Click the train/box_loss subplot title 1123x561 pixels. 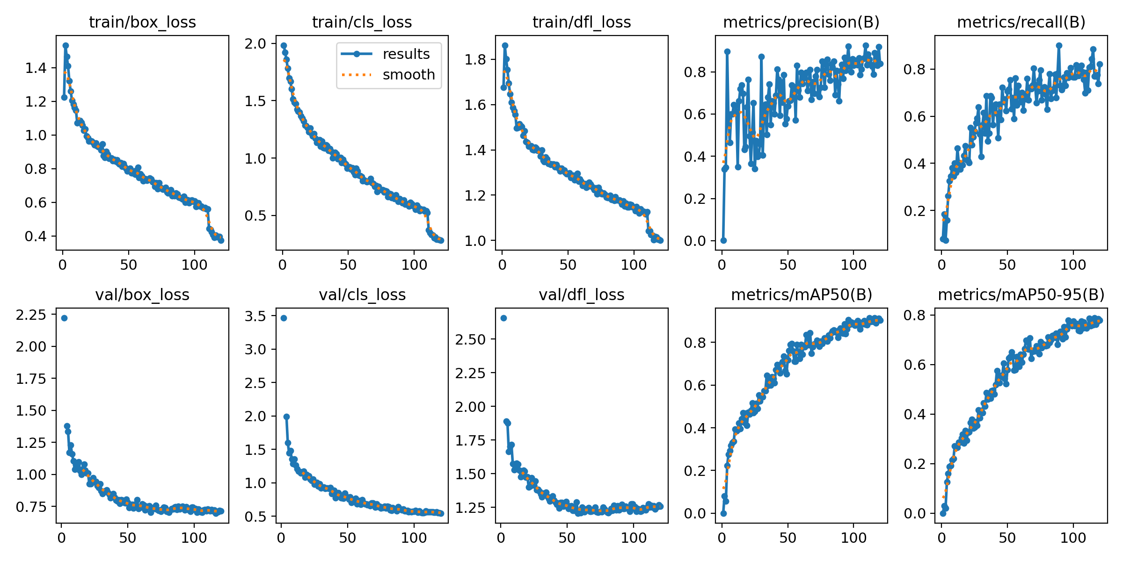tap(142, 22)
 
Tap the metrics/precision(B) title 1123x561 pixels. tap(801, 22)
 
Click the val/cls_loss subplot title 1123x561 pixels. tap(362, 295)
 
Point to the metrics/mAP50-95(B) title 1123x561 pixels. tap(1021, 295)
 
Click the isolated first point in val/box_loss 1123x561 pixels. tap(64, 318)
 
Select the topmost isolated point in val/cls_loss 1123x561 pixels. tap(284, 318)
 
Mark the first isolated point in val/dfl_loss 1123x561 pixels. tap(503, 318)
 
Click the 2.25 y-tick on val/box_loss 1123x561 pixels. tap(31, 315)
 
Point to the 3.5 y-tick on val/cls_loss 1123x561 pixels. tap(255, 316)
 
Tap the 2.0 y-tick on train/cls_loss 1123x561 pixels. tap(255, 43)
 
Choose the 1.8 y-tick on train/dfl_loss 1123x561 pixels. tap(475, 59)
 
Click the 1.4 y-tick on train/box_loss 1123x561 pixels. tap(36, 68)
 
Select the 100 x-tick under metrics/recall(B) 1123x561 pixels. tap(1073, 265)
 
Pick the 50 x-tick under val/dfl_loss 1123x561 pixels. tap(567, 538)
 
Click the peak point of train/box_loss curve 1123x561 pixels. tap(66, 45)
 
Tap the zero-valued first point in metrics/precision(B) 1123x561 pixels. tap(723, 240)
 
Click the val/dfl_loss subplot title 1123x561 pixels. tap(582, 295)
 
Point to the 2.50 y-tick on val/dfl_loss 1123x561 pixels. tap(470, 339)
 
